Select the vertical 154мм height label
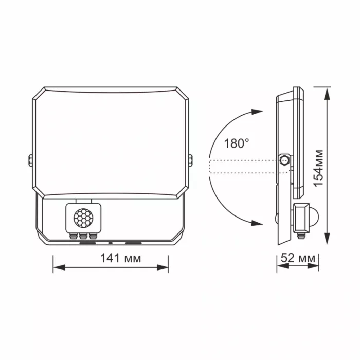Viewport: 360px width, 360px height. tap(319, 167)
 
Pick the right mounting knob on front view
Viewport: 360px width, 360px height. tap(191, 160)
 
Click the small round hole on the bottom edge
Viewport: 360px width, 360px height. tap(110, 242)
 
